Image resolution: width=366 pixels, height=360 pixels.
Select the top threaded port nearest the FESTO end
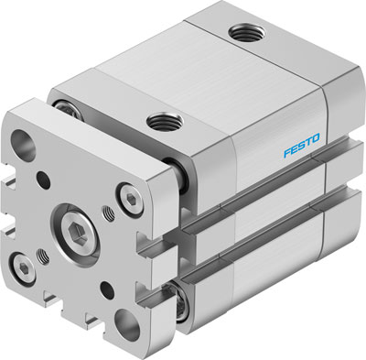(x=242, y=34)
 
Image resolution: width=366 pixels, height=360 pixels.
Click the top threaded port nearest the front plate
(x=164, y=117)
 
